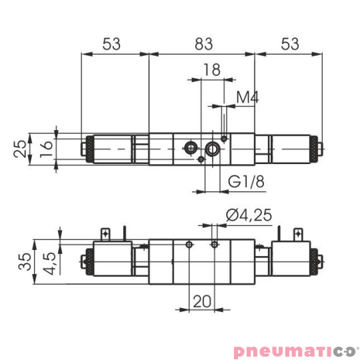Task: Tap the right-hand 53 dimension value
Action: point(289,44)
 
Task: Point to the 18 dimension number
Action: point(211,70)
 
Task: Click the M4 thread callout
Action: point(247,97)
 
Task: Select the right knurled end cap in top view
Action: point(316,148)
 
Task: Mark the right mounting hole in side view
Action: point(214,245)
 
